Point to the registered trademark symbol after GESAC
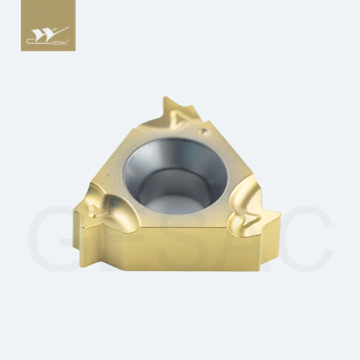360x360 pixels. point(69,41)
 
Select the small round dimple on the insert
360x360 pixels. point(203,131)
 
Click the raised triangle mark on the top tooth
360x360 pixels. point(179,119)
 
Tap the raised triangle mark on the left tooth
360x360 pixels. point(98,212)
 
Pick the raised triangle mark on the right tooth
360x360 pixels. point(252,218)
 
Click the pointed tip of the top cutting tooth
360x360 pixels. point(165,97)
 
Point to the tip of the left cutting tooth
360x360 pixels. point(74,211)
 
